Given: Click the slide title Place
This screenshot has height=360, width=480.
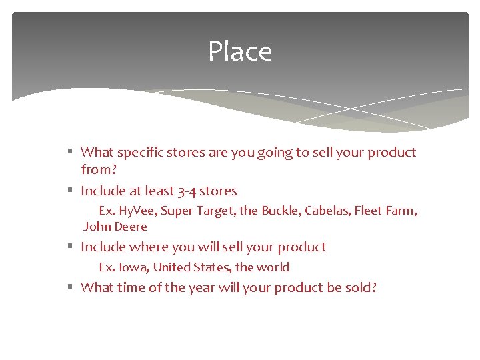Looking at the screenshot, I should (240, 51).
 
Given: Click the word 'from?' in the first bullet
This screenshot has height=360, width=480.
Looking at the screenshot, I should (99, 170).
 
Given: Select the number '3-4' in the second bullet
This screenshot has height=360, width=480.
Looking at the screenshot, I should (186, 191).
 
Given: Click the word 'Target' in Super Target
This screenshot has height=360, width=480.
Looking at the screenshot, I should (215, 211).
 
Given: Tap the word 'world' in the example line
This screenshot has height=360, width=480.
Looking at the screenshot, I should (273, 267).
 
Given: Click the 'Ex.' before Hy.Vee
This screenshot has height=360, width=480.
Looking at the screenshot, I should (107, 211).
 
